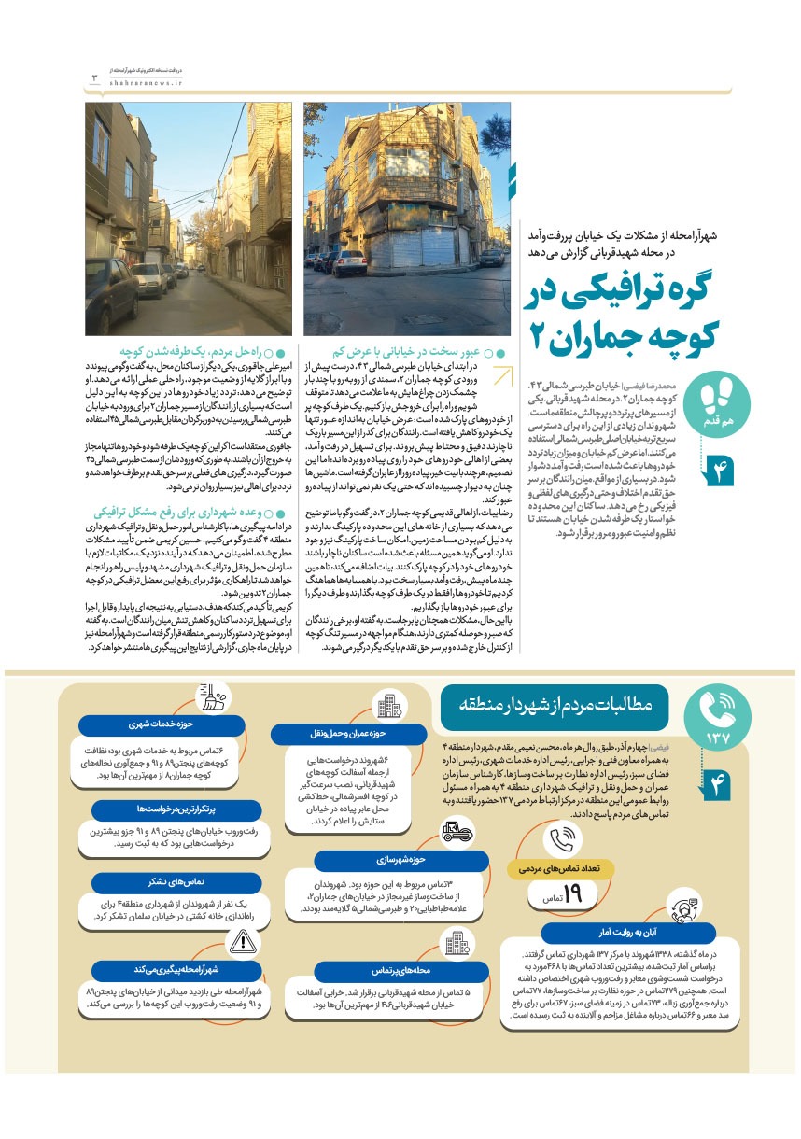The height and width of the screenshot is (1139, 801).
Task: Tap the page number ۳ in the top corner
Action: pos(93,77)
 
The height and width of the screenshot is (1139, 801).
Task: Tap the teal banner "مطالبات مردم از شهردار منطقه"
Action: pos(560,703)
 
